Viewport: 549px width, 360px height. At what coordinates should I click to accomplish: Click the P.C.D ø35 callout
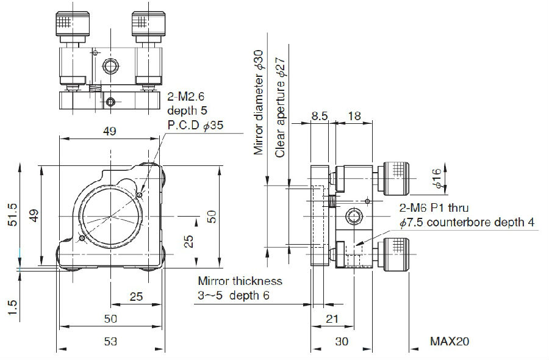coord(195,124)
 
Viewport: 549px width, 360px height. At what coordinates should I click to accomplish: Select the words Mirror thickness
coord(240,281)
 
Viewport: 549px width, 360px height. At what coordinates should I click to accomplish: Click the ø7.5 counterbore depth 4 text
coord(467,222)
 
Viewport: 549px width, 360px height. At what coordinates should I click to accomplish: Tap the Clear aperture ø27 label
coord(280,107)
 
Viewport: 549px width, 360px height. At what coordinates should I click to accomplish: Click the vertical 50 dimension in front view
coord(212,217)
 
